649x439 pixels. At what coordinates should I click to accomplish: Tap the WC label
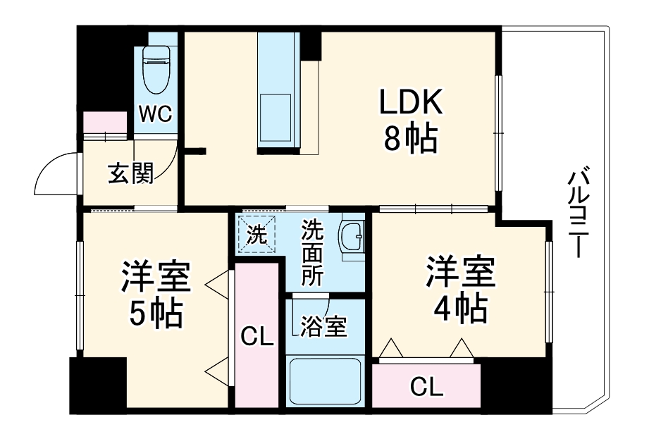[x=155, y=113]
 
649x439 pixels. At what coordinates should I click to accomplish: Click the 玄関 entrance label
[x=130, y=172]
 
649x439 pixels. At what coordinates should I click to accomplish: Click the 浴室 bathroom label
[x=323, y=326]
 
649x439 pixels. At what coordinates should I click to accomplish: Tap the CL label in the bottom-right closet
[x=426, y=387]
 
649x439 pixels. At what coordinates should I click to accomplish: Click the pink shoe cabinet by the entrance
[x=104, y=125]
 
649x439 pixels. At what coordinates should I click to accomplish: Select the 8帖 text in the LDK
[x=411, y=140]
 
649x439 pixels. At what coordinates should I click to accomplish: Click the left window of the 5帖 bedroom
[x=80, y=296]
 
